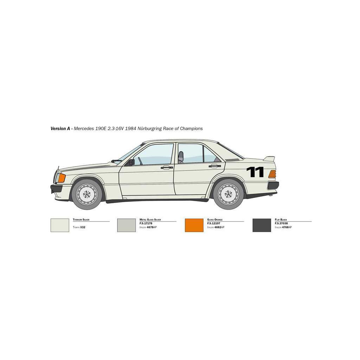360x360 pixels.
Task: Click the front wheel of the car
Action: tap(86, 194)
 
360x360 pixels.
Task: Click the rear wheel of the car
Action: tap(228, 194)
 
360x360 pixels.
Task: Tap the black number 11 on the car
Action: tap(255, 172)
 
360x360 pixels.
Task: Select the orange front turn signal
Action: tap(62, 178)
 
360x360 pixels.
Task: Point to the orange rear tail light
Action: tap(272, 174)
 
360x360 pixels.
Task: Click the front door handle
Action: tap(167, 167)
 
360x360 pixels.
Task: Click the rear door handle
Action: tap(214, 166)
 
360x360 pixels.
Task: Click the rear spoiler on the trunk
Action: tap(269, 159)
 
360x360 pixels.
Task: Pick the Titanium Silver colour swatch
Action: tap(60, 225)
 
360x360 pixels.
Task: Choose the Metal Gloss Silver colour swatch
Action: tap(126, 225)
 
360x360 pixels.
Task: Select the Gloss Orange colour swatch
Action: tap(194, 225)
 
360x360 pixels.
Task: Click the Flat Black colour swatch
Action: tap(262, 225)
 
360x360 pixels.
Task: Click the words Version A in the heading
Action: tap(60, 129)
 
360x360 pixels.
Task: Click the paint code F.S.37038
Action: tap(282, 223)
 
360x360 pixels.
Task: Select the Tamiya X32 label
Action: tap(79, 227)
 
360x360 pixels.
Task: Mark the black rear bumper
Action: tap(273, 185)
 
